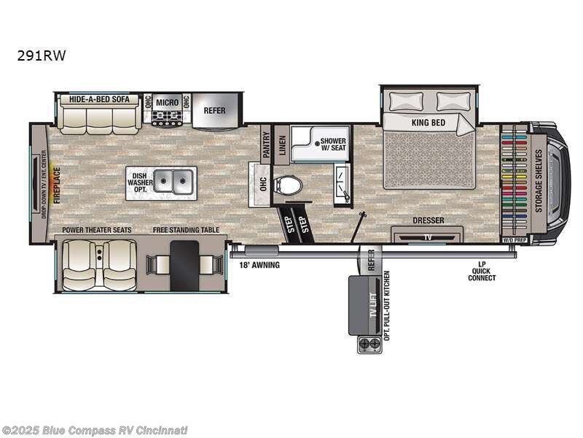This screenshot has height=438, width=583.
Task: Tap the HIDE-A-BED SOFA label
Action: pos(99,99)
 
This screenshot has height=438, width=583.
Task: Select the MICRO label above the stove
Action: pos(167,101)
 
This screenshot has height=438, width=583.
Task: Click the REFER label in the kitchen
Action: pos(214,111)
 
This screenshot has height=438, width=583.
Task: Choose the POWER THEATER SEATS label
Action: pos(96,230)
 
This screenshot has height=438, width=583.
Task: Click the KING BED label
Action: pos(428,123)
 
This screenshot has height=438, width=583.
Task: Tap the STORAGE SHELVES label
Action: pos(539,180)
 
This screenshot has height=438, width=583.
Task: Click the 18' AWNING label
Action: pos(259,265)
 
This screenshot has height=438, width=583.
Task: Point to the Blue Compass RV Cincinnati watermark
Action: pos(95,430)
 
